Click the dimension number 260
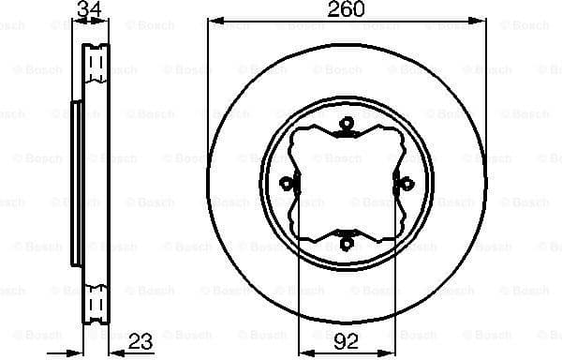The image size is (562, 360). click(347, 9)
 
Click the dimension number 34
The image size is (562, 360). click(88, 9)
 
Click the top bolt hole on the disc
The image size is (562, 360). click(347, 122)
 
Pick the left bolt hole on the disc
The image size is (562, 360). click(285, 184)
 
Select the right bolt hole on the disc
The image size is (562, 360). click(408, 184)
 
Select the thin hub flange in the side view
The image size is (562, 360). click(73, 183)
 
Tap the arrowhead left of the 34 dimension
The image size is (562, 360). click(69, 21)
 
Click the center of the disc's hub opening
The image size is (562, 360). click(347, 184)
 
